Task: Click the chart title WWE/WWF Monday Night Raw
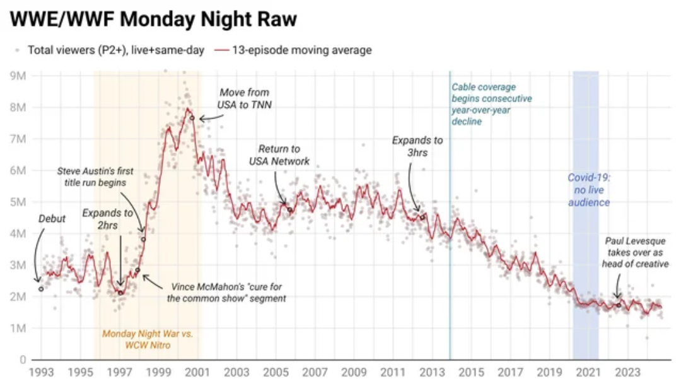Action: click(153, 20)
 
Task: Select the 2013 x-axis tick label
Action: click(432, 372)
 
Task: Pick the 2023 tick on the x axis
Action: click(627, 372)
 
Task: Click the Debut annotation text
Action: click(52, 219)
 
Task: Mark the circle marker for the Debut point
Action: click(41, 289)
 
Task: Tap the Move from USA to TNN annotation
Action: click(245, 98)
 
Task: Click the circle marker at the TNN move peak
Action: click(192, 118)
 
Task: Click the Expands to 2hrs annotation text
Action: click(107, 218)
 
